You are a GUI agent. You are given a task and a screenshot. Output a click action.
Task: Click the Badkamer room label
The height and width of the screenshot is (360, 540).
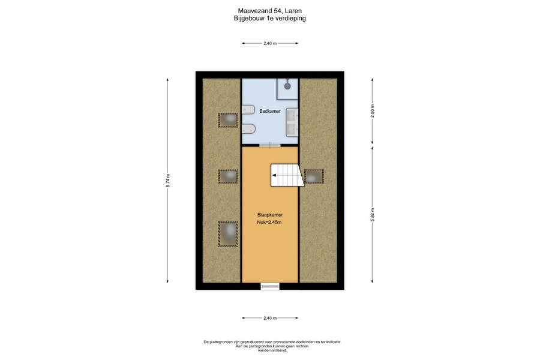269,111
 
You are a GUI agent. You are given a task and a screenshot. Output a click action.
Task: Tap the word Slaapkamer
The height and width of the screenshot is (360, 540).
269,215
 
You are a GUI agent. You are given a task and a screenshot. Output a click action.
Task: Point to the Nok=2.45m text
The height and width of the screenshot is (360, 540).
269,222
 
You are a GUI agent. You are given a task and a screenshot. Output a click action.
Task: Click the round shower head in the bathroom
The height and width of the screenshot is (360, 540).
287,86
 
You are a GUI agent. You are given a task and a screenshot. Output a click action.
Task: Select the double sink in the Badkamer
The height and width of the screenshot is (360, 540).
292,122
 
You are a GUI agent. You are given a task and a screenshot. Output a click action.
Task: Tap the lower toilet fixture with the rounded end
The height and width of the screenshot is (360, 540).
248,129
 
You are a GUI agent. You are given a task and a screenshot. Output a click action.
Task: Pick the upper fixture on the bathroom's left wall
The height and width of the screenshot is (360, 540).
248,110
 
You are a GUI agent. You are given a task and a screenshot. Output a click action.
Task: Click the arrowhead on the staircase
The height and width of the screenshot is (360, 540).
274,175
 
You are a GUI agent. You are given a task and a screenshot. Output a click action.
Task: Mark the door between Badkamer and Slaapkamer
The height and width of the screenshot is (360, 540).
270,146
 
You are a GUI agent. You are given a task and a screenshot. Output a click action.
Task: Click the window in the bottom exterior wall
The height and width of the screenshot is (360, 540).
270,286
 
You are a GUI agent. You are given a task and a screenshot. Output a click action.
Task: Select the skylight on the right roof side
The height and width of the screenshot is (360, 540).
314,176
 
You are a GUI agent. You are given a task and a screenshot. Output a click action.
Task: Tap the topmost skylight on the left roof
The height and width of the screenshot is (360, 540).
227,120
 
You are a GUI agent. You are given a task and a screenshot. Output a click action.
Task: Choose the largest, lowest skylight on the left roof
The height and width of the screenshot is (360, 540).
227,234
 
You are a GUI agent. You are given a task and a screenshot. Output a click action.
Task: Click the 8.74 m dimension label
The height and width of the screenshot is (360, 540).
168,181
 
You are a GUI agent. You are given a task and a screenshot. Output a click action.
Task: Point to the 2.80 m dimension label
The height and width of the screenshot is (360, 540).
372,111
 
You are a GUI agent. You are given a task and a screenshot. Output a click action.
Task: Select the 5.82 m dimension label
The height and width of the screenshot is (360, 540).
372,215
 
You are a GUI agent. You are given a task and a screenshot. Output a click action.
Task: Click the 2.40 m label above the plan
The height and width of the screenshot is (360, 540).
270,43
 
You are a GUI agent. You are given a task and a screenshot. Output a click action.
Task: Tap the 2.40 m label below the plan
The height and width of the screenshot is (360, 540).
270,318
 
